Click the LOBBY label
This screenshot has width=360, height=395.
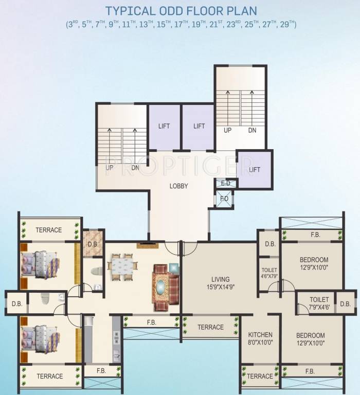click(x=178, y=186)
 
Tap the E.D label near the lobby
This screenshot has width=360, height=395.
click(x=225, y=183)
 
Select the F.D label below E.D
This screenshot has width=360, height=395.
click(x=224, y=199)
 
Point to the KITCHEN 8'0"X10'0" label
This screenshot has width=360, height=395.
click(x=260, y=339)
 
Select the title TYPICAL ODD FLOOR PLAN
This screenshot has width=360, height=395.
click(x=180, y=11)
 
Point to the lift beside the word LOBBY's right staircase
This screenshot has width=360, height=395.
click(x=255, y=169)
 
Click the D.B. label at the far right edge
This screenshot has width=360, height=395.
click(x=345, y=304)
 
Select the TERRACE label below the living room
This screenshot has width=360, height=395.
click(x=211, y=327)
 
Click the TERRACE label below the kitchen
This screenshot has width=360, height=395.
click(x=260, y=376)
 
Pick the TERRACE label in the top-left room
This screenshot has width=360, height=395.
click(x=49, y=230)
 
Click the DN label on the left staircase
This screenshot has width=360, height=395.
click(x=135, y=168)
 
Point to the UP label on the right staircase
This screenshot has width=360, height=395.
click(x=227, y=131)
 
